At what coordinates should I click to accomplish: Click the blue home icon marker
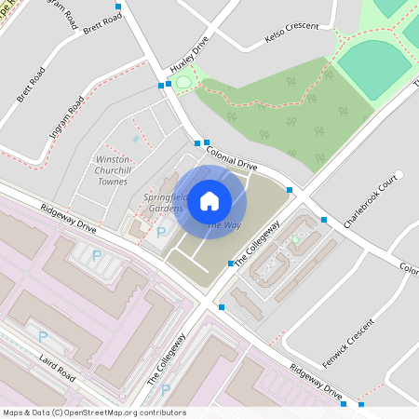click(x=209, y=200)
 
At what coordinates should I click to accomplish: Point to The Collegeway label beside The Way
click(x=256, y=245)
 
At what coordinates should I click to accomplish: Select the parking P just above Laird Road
click(x=42, y=336)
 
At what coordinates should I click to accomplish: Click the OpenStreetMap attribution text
click(x=93, y=412)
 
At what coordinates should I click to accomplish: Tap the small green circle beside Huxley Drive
click(x=182, y=84)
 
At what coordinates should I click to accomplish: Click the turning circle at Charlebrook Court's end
click(x=398, y=174)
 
